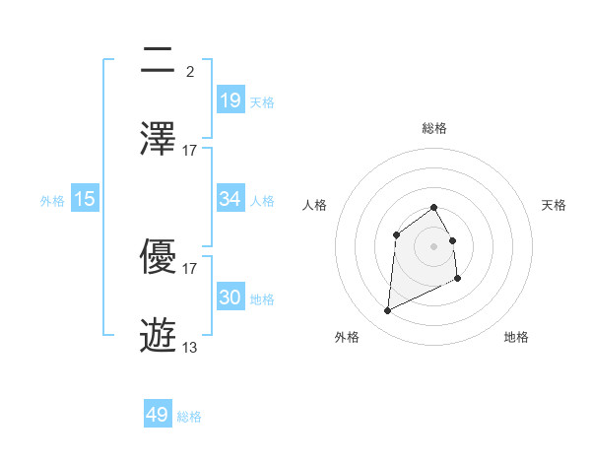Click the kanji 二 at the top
pyautogui.click(x=159, y=60)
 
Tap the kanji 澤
pyautogui.click(x=159, y=139)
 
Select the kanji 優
pyautogui.click(x=159, y=257)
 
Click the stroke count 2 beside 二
pyautogui.click(x=190, y=71)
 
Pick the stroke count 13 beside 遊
pyautogui.click(x=190, y=347)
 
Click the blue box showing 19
pyautogui.click(x=230, y=100)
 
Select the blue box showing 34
pyautogui.click(x=230, y=199)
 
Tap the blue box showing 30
pyautogui.click(x=230, y=298)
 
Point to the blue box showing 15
pyautogui.click(x=85, y=199)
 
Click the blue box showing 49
pyautogui.click(x=158, y=415)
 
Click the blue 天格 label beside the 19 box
pyautogui.click(x=262, y=102)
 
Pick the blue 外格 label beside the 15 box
pyautogui.click(x=52, y=201)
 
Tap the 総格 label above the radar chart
pyautogui.click(x=434, y=129)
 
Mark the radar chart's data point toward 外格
pyautogui.click(x=387, y=311)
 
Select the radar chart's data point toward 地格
pyautogui.click(x=458, y=279)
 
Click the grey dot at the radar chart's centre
pyautogui.click(x=434, y=246)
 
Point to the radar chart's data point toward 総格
pyautogui.click(x=434, y=207)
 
